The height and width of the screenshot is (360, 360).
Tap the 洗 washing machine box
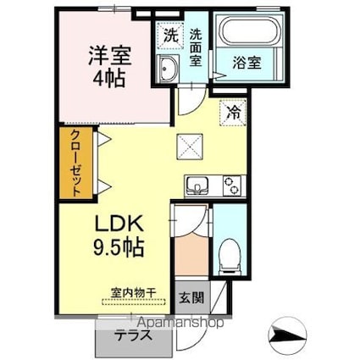pos(171,37)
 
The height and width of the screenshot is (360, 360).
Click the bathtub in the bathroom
pos(240,34)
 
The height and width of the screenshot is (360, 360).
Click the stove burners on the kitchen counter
pos(230,184)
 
